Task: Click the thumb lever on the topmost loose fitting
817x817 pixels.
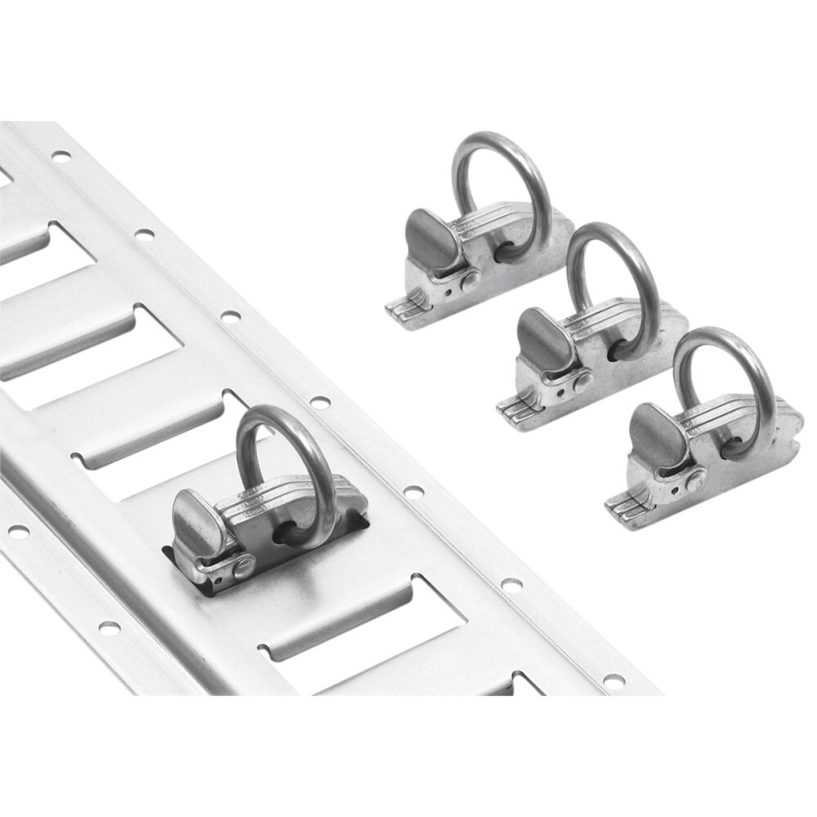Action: pos(427,237)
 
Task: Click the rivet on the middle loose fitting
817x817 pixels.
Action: pos(582,381)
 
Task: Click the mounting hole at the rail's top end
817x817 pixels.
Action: pos(60,155)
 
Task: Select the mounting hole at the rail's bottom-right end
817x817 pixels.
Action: pos(613,680)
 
